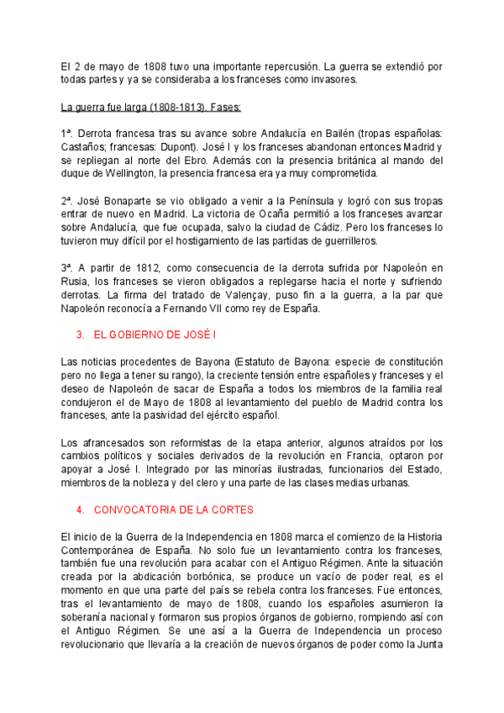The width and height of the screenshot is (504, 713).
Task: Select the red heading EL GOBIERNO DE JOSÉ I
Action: click(x=155, y=335)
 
